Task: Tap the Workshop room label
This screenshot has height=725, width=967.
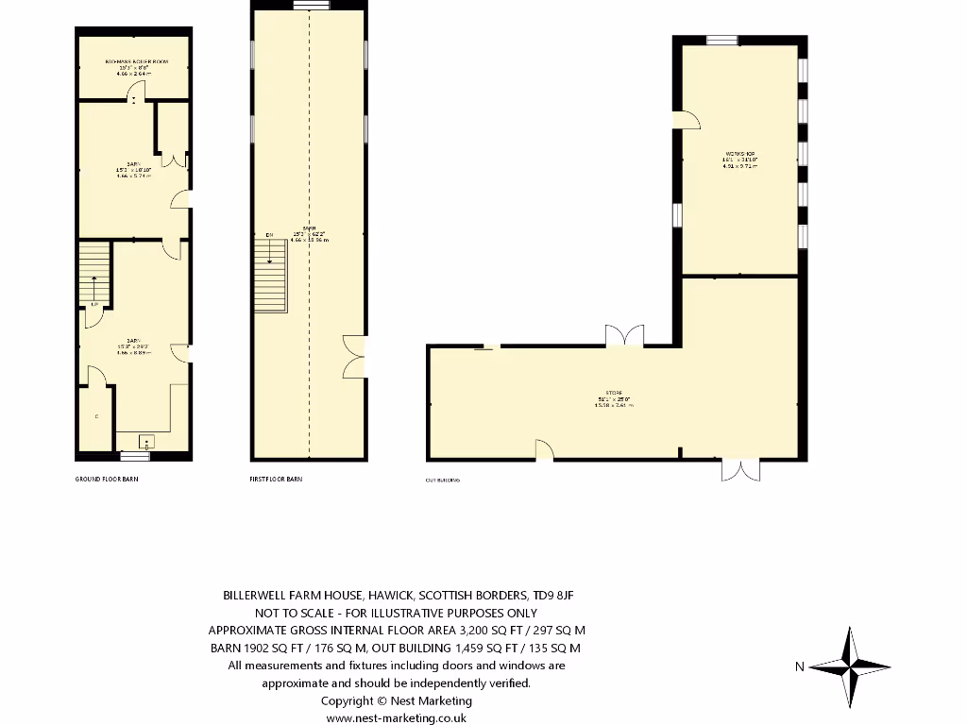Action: coord(740,157)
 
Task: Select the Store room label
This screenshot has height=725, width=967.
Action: coord(614,398)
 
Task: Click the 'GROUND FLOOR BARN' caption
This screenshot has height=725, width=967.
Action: coord(107,480)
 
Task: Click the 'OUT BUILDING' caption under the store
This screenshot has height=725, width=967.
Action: coord(443,481)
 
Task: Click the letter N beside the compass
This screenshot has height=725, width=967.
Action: coord(799,666)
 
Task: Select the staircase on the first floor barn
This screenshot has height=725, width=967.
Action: coord(270,275)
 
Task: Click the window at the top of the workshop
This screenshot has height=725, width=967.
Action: coord(722,40)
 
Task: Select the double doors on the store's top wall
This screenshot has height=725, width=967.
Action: coord(624,336)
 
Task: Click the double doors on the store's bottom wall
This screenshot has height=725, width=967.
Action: coord(738,469)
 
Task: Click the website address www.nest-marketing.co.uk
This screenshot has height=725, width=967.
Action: coord(396,717)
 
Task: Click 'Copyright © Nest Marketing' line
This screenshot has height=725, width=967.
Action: coord(396,700)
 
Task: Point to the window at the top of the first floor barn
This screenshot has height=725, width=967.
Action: coord(310,6)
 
